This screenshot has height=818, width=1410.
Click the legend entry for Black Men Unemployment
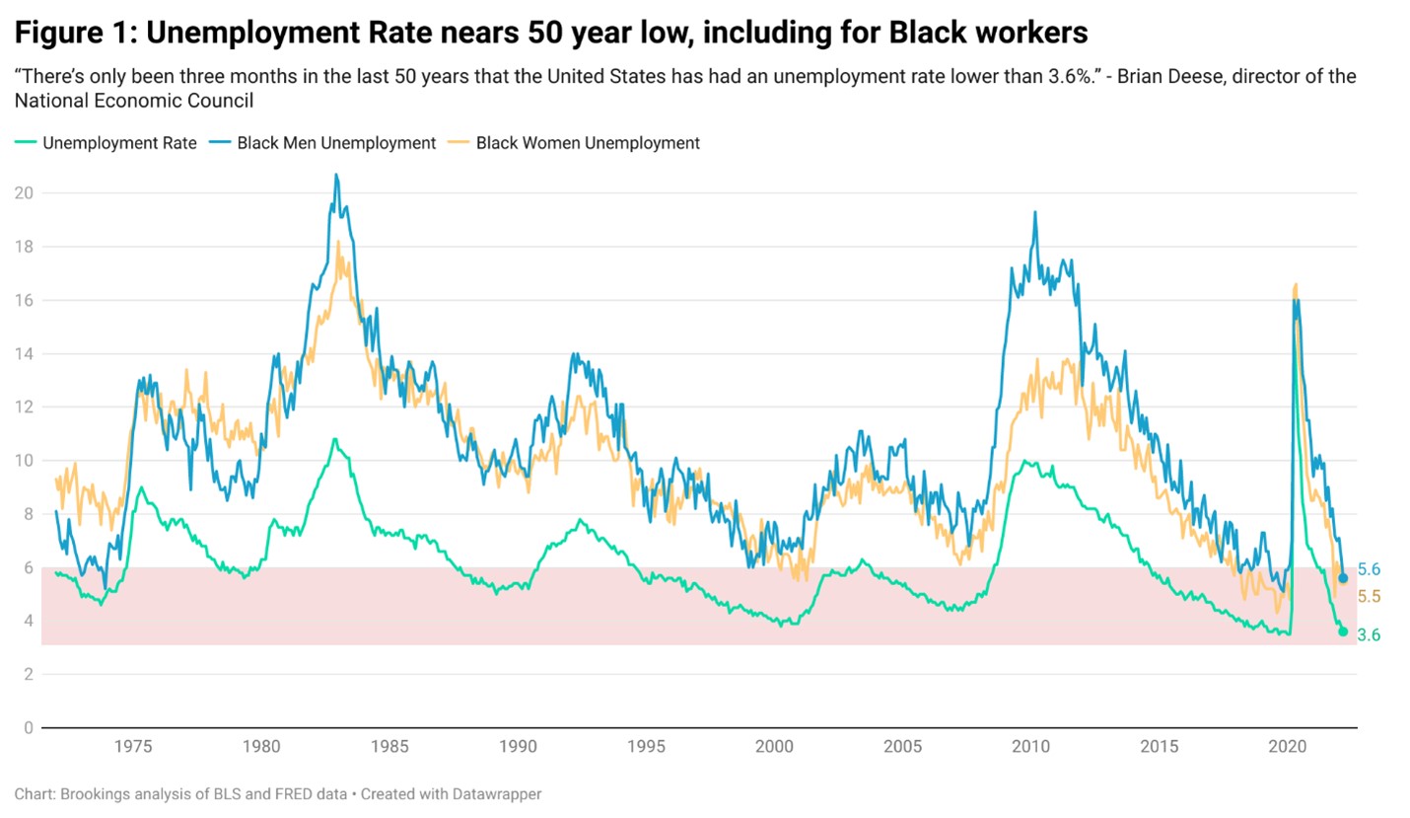click(x=336, y=143)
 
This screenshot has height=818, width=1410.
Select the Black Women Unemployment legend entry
click(x=588, y=143)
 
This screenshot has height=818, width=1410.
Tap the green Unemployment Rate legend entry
click(x=119, y=143)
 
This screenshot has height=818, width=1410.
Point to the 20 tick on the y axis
click(x=24, y=193)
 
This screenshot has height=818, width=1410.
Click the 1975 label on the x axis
click(x=132, y=747)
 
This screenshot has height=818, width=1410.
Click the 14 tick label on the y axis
click(x=24, y=353)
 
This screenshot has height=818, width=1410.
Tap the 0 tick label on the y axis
click(x=29, y=728)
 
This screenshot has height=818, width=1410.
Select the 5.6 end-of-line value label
click(x=1369, y=569)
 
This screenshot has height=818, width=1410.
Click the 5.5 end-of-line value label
click(x=1369, y=597)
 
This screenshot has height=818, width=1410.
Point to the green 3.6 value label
click(x=1369, y=635)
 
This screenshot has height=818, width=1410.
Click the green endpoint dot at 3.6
click(x=1343, y=632)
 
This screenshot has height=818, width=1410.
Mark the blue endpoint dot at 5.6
click(x=1343, y=578)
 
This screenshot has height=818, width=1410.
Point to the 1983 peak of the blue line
click(x=336, y=176)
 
